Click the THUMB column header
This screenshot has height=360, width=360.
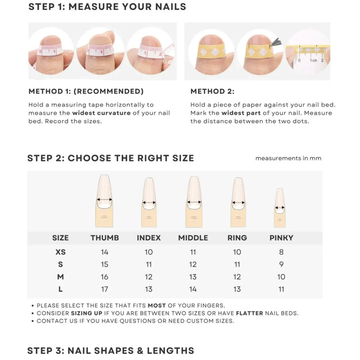coord(104,238)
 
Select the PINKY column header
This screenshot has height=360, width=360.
coord(281,238)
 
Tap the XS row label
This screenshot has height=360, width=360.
coord(60,252)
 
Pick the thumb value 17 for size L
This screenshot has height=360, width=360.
coord(104,289)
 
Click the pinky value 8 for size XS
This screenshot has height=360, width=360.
coord(281,252)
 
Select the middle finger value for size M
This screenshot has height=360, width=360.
coord(193,277)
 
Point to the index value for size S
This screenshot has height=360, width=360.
coord(149,264)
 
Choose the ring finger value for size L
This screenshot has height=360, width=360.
coord(237,289)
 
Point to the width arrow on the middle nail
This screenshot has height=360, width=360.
coord(194,202)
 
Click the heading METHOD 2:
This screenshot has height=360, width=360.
coord(212,91)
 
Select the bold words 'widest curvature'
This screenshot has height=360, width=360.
coord(101,113)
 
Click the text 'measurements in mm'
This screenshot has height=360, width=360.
coord(288,158)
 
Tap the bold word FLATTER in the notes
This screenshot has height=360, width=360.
coord(249,313)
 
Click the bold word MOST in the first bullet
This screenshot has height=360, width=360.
coord(157,305)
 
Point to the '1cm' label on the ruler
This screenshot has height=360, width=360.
coord(313,60)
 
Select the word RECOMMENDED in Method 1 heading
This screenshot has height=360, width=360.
coord(108,91)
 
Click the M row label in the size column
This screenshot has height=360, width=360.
coord(60,277)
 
